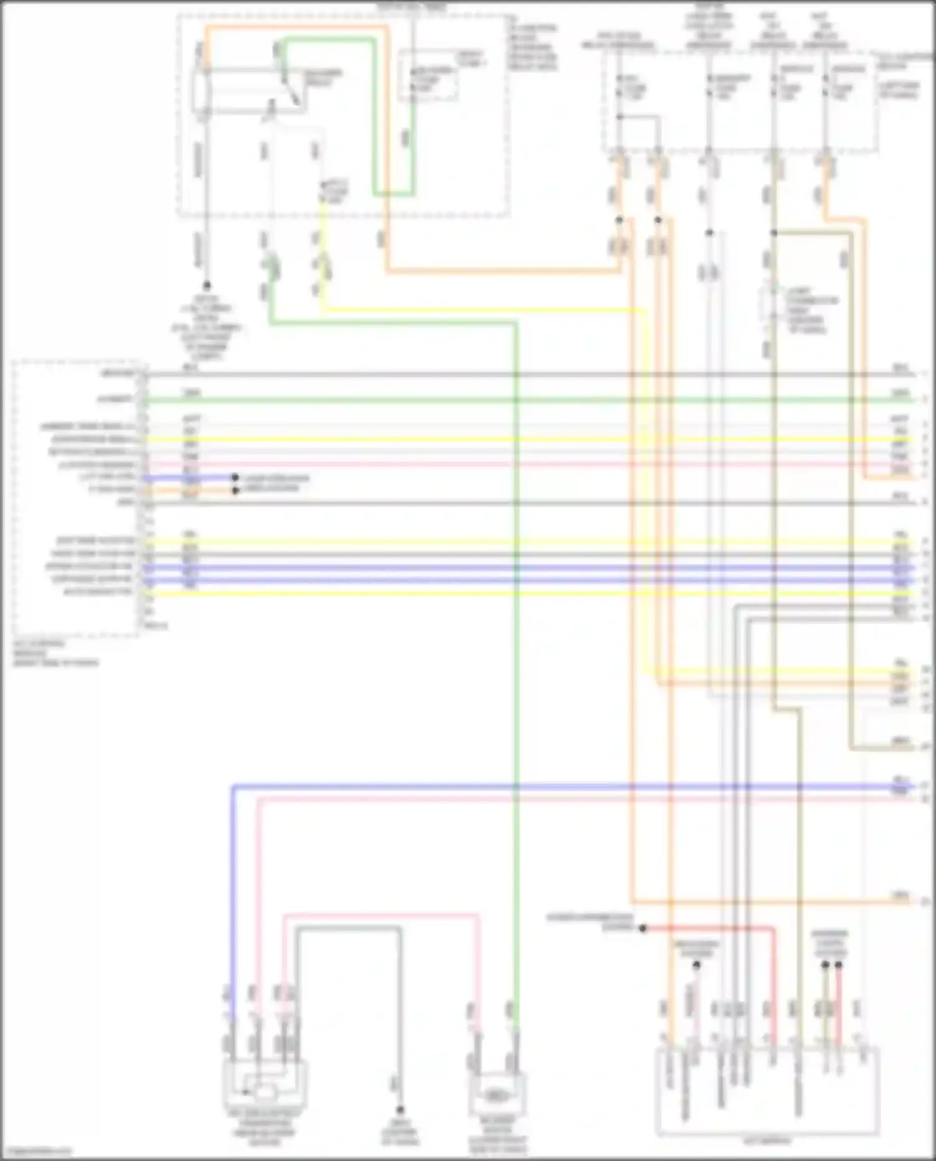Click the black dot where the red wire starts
[x=643, y=928]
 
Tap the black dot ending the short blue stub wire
[x=235, y=478]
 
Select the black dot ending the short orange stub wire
[x=235, y=490]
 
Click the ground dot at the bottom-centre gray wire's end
[x=400, y=1110]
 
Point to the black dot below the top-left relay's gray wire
[x=207, y=285]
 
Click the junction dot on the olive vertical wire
[x=774, y=233]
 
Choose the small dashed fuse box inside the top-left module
[x=429, y=75]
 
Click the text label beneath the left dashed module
[x=55, y=653]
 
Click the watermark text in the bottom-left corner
[x=36, y=1152]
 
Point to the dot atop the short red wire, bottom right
[x=838, y=965]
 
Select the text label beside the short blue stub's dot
[x=275, y=478]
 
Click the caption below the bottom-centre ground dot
[x=400, y=1132]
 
